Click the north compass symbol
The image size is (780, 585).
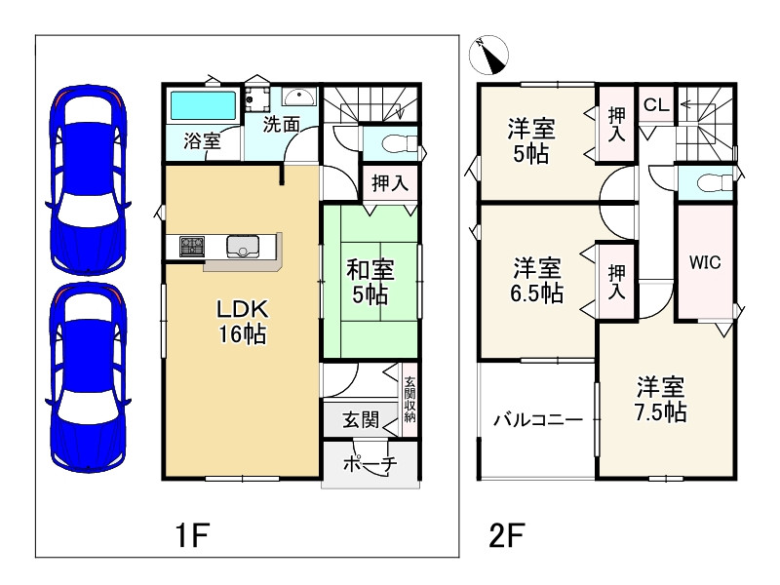coord(489,55)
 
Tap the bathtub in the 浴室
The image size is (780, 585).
coord(203,106)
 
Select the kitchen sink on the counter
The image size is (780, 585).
coord(242,247)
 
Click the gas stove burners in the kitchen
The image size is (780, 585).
coord(192,247)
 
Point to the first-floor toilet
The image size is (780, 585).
coord(399,144)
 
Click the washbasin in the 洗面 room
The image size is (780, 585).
coord(299,97)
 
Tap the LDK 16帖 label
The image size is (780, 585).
coord(242,322)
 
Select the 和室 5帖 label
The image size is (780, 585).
coord(370,282)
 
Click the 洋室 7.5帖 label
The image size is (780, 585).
coord(661,400)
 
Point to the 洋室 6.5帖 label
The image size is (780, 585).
coord(537,281)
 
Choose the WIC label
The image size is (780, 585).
coord(705,262)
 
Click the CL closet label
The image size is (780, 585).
coord(655,104)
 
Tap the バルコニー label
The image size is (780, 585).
coord(538,420)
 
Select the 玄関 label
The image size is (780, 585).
coord(361,420)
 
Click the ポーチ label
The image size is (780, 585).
coord(370,464)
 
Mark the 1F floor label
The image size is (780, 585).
coord(191,534)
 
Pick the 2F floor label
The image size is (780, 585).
coord(507,535)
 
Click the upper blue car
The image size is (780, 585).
coord(88,180)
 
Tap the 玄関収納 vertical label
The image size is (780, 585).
coord(409,400)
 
